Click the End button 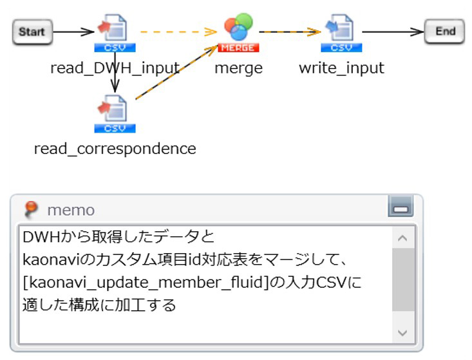click(x=444, y=32)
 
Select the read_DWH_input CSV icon click(x=115, y=33)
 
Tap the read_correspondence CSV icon click(x=115, y=113)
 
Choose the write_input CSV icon click(x=341, y=33)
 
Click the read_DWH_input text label click(x=115, y=68)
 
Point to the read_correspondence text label click(x=115, y=149)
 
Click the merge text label click(x=238, y=68)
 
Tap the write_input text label click(x=341, y=68)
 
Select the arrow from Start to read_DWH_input click(x=74, y=31)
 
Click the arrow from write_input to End click(x=393, y=31)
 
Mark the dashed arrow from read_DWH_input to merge click(x=177, y=31)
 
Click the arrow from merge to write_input click(x=290, y=31)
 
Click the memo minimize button click(x=401, y=208)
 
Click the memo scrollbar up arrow click(x=403, y=239)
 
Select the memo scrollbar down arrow click(x=403, y=333)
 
